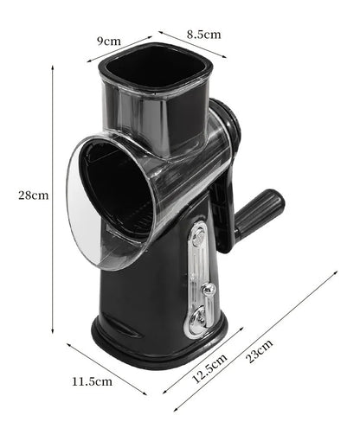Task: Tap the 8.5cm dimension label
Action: pyautogui.click(x=202, y=35)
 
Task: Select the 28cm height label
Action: pyautogui.click(x=34, y=195)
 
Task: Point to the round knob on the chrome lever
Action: pyautogui.click(x=208, y=291)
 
